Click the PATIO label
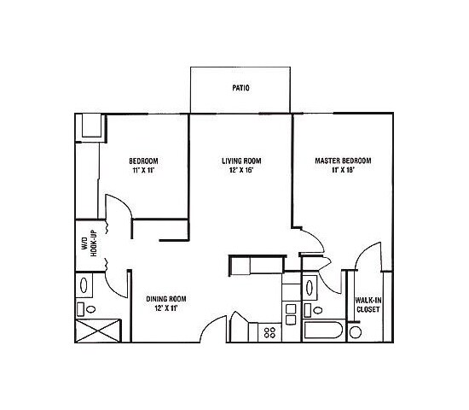point(240,87)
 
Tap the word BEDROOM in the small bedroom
point(143,161)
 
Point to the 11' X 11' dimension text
point(143,170)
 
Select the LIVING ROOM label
point(240,161)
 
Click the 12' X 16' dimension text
point(240,170)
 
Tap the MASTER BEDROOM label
point(343,161)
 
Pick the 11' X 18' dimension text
point(343,170)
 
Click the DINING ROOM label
point(165,298)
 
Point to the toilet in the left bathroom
point(81,308)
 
